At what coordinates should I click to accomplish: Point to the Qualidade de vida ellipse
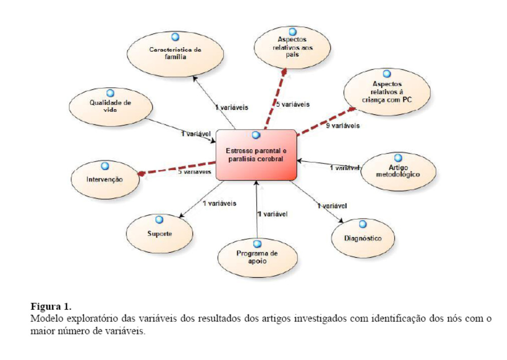110,105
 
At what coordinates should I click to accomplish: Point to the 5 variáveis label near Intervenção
194,172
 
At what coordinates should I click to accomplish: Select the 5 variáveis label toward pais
293,105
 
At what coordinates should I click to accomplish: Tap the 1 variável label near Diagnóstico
331,205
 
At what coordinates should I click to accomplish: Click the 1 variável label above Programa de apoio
272,214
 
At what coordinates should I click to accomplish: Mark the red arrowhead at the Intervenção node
141,173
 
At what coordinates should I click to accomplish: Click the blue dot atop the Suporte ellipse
159,220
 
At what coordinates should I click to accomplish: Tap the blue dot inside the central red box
256,135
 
